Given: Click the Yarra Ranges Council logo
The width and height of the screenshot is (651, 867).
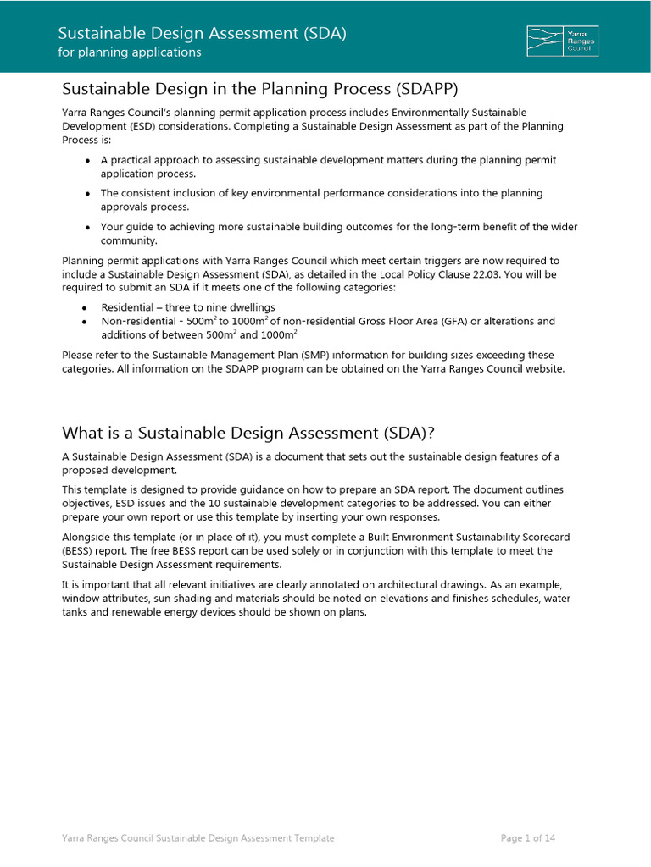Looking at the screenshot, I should (562, 41).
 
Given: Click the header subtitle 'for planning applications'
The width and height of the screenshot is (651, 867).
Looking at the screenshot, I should (129, 52).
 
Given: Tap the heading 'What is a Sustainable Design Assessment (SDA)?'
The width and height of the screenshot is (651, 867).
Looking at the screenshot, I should (248, 433).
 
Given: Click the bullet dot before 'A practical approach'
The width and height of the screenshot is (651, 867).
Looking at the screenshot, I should (88, 160).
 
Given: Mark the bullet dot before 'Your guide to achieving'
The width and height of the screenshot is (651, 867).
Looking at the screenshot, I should (88, 227).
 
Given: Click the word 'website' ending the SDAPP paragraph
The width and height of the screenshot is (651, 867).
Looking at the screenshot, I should (542, 368).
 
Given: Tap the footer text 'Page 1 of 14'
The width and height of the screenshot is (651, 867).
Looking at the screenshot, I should (528, 838).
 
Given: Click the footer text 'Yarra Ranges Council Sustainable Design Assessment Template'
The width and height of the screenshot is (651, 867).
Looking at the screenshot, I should (198, 838).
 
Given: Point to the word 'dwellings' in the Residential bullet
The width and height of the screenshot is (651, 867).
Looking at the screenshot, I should (250, 307).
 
